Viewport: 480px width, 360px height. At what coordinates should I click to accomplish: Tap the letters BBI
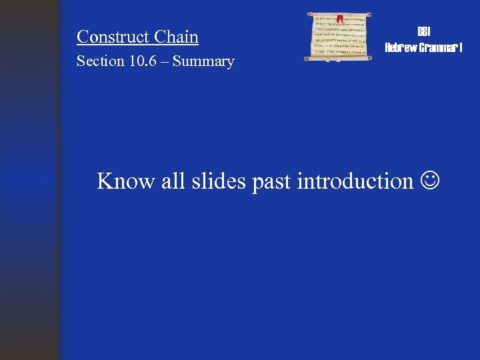[423, 31]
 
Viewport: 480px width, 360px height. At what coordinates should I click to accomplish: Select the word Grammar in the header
[438, 47]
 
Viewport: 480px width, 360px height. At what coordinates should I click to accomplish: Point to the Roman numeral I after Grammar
[461, 47]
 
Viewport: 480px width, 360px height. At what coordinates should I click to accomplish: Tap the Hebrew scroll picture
[339, 37]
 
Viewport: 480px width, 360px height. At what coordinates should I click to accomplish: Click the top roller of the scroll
[339, 14]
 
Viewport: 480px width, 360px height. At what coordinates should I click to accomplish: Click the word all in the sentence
[172, 181]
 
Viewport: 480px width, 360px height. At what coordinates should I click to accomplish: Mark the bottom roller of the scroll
[339, 59]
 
